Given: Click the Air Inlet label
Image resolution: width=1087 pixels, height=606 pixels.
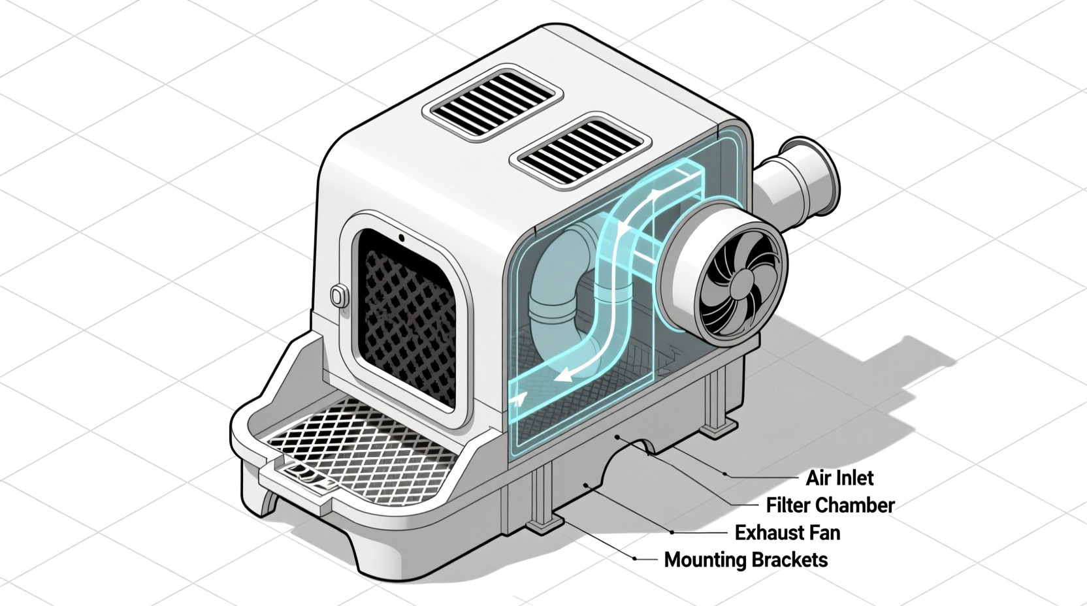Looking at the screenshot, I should pos(839,478).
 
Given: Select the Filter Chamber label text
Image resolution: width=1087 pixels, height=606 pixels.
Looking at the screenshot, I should pos(830,505).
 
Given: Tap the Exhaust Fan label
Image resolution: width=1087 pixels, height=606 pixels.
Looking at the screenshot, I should pos(787,533).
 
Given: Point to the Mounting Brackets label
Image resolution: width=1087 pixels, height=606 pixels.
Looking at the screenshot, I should pos(745,560).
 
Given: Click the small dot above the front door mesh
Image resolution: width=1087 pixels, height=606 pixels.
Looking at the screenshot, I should pos(402,238).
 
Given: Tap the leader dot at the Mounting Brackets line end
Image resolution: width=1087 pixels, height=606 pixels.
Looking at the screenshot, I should pos(635,558).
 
